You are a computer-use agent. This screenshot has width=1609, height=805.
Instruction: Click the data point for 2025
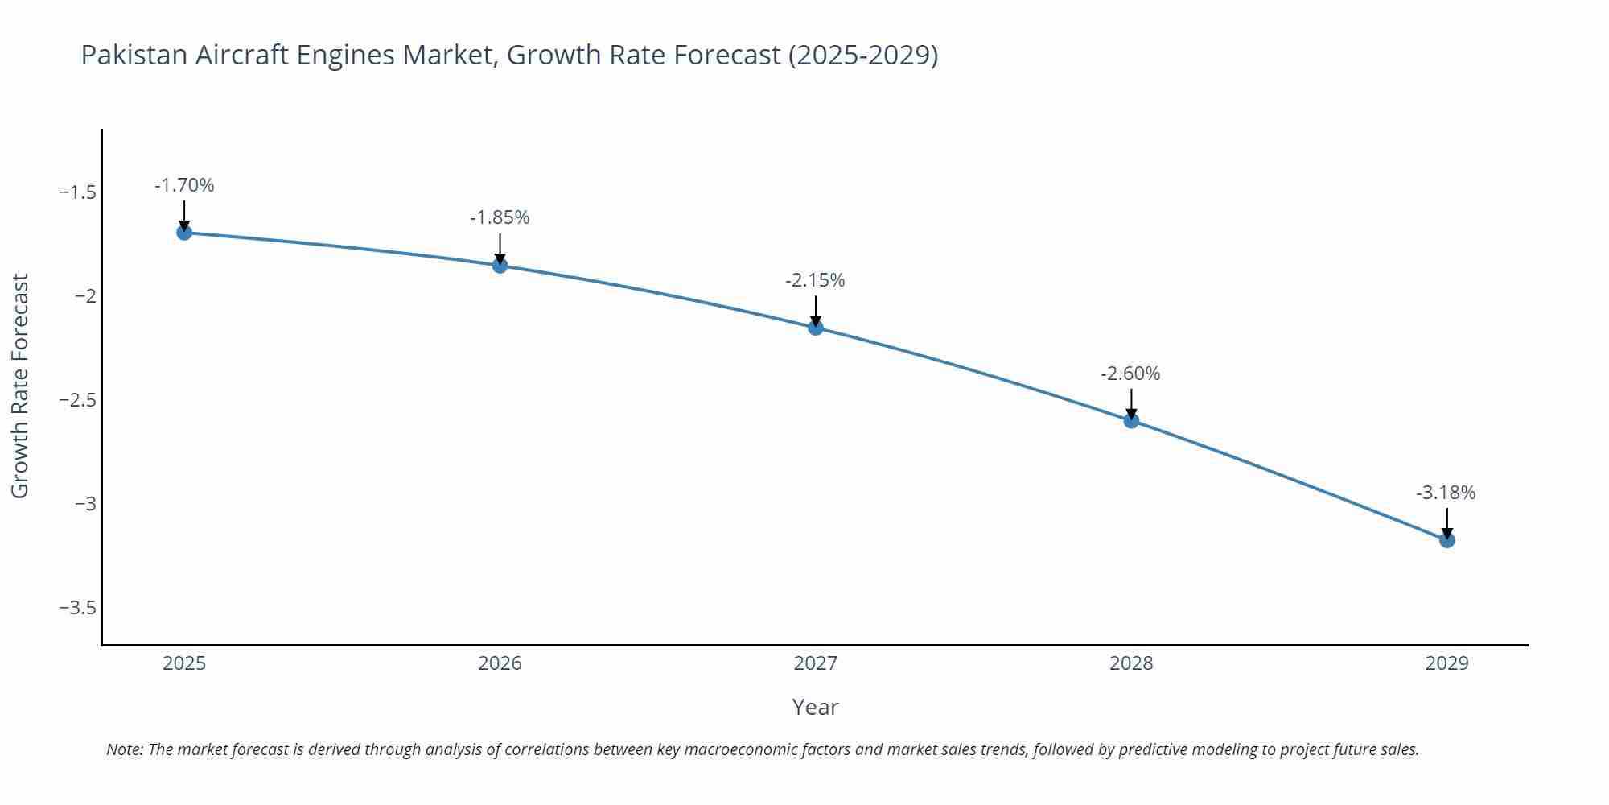tap(184, 233)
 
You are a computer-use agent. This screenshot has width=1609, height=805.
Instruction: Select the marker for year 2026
tap(500, 266)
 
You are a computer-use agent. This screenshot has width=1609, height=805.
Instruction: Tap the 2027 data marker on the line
tap(816, 328)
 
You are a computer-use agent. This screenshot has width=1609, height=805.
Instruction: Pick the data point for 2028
tap(1131, 420)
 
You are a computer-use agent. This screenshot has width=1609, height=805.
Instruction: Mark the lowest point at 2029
tap(1446, 540)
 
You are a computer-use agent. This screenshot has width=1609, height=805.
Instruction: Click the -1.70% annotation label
tap(184, 186)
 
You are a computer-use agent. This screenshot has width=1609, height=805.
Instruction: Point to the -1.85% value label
tap(500, 218)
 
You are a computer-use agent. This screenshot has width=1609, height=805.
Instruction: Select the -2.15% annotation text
tap(815, 281)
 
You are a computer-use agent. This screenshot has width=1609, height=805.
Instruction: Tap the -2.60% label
tap(1130, 374)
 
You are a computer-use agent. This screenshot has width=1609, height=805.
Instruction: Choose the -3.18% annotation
tap(1446, 493)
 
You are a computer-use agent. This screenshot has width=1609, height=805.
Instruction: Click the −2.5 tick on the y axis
tap(77, 400)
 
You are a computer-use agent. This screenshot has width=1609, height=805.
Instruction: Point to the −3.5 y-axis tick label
tap(77, 608)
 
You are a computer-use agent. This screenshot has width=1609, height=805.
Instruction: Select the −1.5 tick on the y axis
tap(77, 193)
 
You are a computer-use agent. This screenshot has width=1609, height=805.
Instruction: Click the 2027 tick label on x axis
tap(815, 664)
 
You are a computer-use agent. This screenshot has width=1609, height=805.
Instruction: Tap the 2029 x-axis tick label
tap(1446, 664)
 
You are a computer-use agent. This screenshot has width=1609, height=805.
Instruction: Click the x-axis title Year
tap(815, 708)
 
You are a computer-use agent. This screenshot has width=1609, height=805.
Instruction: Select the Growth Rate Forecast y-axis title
tap(20, 386)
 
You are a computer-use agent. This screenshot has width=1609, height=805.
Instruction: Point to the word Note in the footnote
tap(124, 750)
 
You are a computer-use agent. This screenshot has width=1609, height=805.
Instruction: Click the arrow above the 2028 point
tap(1131, 402)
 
